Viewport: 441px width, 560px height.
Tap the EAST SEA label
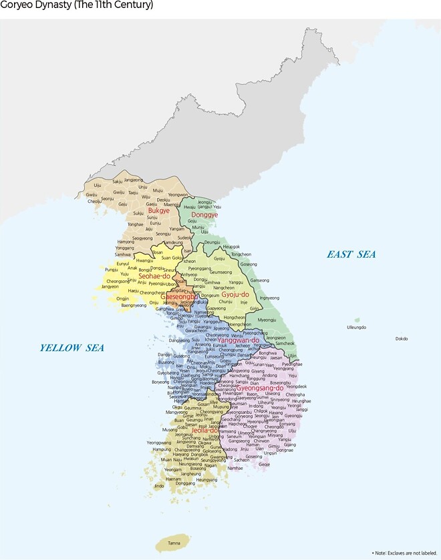[x=351, y=254]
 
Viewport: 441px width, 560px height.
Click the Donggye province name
[x=204, y=215]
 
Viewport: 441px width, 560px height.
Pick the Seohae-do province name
[x=154, y=276]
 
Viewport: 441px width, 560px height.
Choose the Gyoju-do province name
[x=235, y=294]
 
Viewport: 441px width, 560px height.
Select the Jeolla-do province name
[x=205, y=430]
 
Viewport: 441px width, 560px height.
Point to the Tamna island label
[x=174, y=543]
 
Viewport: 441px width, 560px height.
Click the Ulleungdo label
[x=357, y=327]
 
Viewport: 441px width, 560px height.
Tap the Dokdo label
[x=401, y=338]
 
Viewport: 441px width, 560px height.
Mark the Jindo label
[x=159, y=486]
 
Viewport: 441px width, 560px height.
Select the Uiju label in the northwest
[x=98, y=185]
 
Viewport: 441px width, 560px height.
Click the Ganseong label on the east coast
[x=259, y=280]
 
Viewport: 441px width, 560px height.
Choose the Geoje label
[x=264, y=464]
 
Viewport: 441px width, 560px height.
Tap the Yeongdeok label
[x=296, y=386]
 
